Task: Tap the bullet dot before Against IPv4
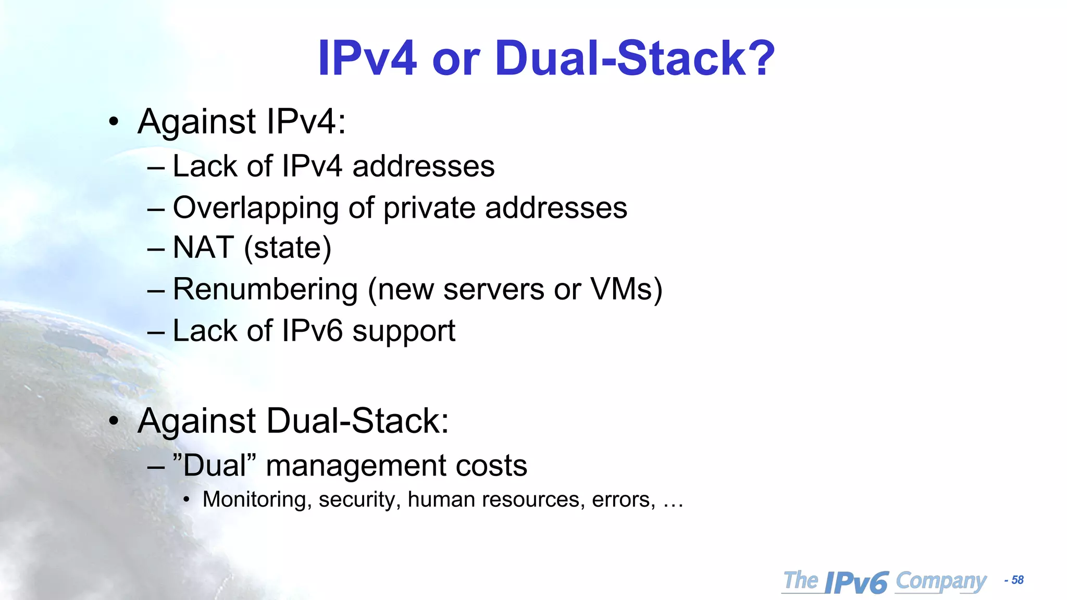click(114, 122)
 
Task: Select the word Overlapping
click(255, 208)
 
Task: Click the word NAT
click(203, 247)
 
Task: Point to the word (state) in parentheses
click(288, 248)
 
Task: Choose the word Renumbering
click(265, 289)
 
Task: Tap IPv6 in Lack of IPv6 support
click(312, 331)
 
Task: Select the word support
click(404, 332)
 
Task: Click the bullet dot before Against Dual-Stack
click(114, 421)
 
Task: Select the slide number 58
click(1018, 580)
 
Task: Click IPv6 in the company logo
click(857, 582)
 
